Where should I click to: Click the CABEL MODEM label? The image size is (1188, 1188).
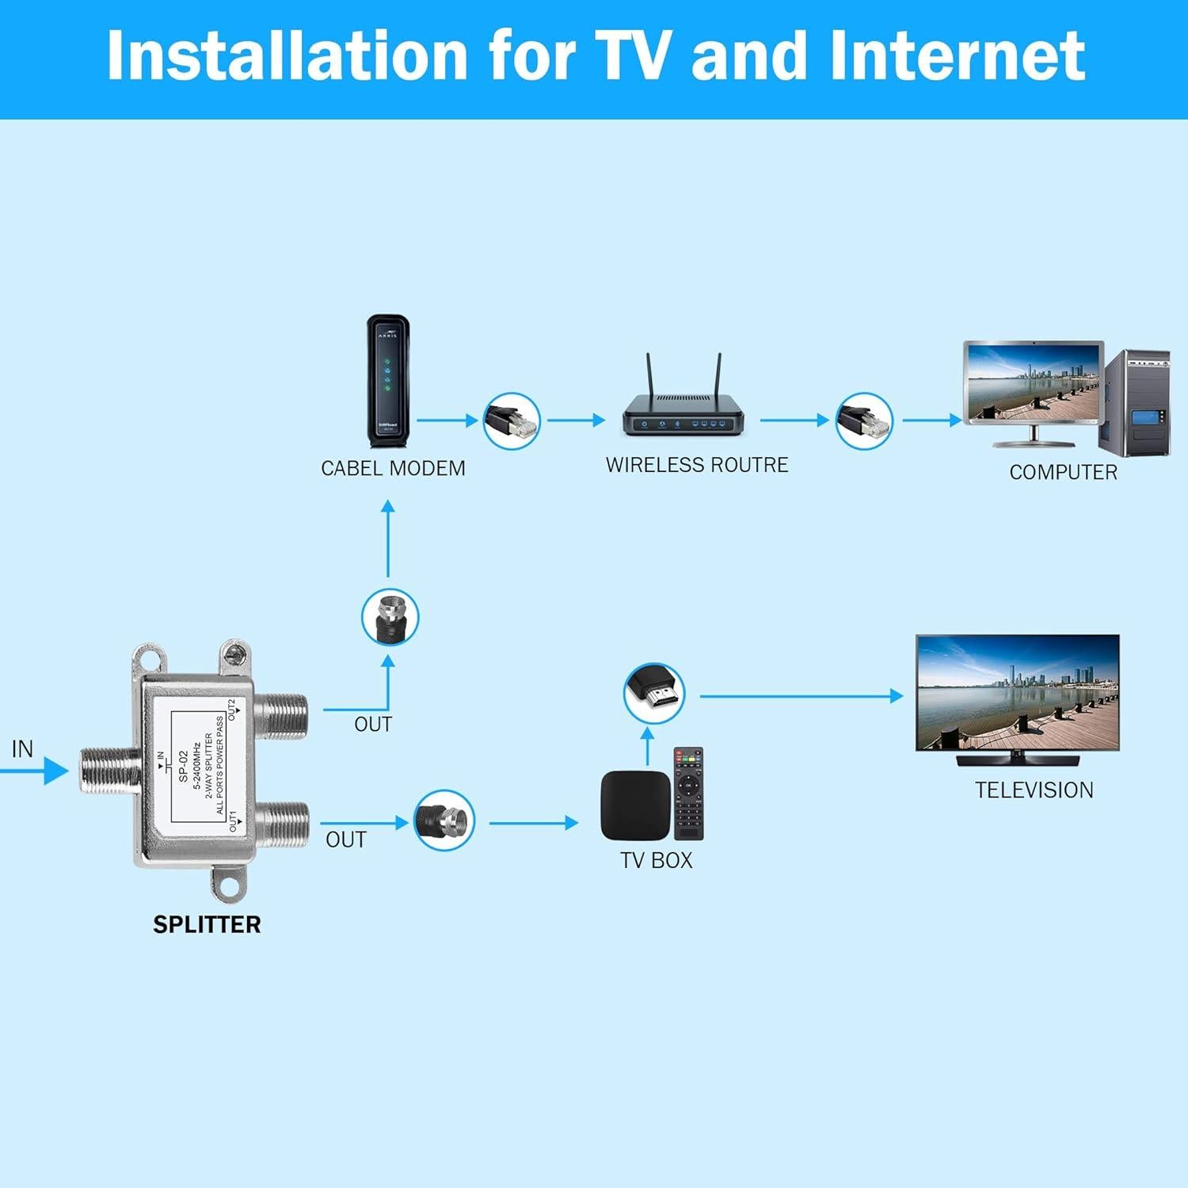393,468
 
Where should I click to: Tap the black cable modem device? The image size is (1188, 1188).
388,382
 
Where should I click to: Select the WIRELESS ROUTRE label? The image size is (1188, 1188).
697,465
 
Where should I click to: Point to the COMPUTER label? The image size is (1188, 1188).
1063,472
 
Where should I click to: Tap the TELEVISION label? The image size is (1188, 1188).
1034,790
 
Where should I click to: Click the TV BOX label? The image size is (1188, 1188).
656,860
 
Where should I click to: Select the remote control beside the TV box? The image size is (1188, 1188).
688,794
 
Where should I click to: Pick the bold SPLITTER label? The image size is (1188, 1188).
207,924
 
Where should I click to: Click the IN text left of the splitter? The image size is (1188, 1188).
22,748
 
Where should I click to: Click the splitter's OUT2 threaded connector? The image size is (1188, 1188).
283,715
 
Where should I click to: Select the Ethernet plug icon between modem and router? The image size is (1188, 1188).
512,421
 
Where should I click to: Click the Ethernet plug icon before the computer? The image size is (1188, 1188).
864,421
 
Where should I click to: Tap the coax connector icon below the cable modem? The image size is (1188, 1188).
390,617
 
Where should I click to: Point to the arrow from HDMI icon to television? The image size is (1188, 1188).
800,696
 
